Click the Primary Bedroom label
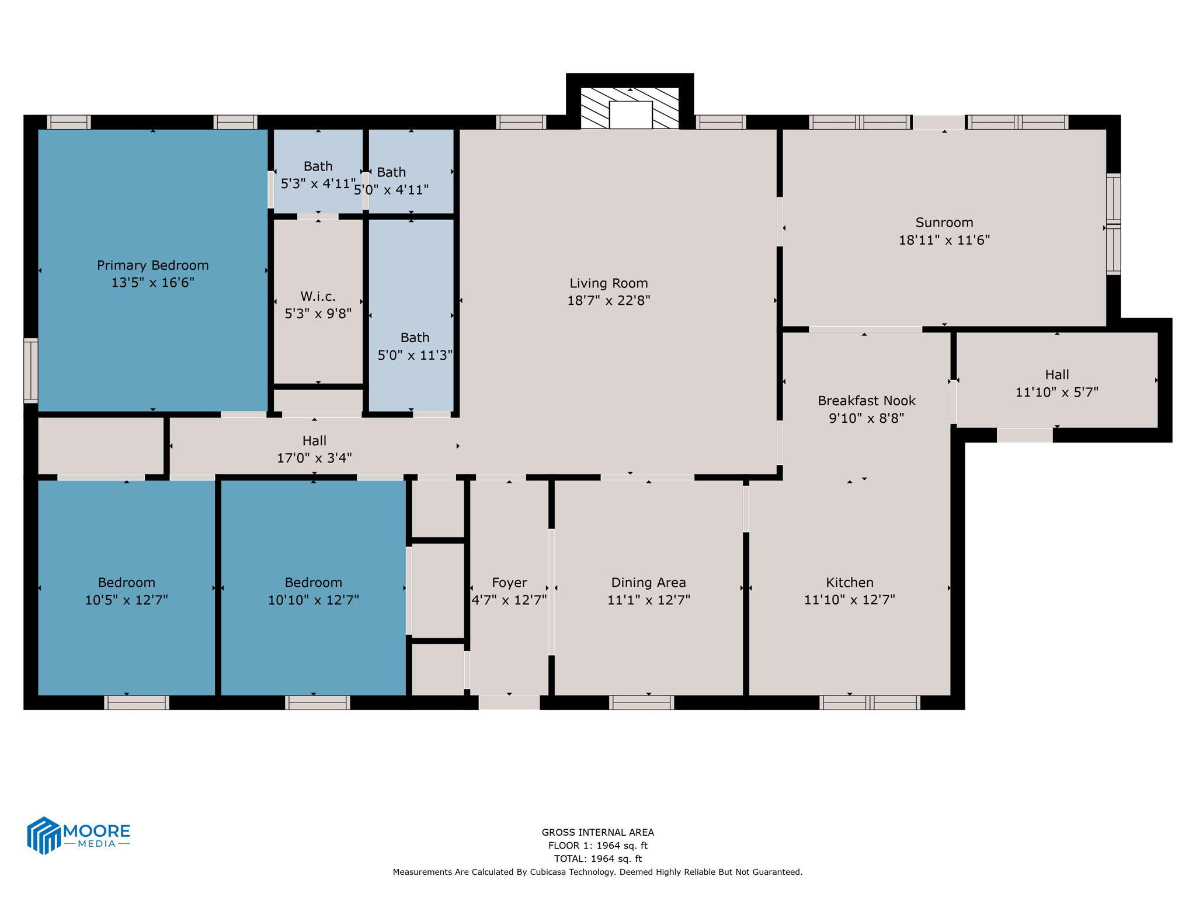(x=152, y=265)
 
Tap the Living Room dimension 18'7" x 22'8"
(x=609, y=301)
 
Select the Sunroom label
(x=944, y=222)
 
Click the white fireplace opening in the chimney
(x=630, y=114)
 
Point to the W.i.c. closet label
(x=318, y=296)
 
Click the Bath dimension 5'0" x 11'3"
(x=415, y=355)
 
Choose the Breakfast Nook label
(x=866, y=401)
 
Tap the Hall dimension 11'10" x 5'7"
(x=1056, y=392)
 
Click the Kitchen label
(x=849, y=582)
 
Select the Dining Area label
(x=648, y=582)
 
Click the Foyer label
(x=509, y=582)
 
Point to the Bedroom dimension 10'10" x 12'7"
(x=313, y=600)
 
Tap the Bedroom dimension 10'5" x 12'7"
(x=126, y=600)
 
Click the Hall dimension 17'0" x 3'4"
(x=314, y=458)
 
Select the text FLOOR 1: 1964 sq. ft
(x=597, y=846)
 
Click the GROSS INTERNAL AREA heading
(x=597, y=832)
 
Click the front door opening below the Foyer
(x=509, y=703)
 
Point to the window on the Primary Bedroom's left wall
(x=30, y=370)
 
